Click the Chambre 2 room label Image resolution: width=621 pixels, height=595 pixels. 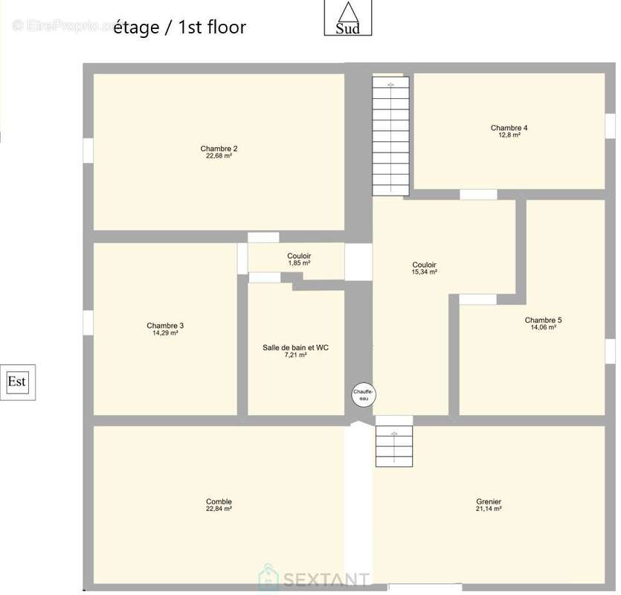219,149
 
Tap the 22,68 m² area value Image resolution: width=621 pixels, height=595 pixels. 219,156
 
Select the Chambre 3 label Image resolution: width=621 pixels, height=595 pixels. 165,326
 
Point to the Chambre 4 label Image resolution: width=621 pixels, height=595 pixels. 509,128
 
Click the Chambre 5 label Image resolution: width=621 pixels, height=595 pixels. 543,320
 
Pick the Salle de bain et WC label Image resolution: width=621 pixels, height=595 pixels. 295,348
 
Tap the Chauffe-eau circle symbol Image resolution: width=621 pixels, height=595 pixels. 364,395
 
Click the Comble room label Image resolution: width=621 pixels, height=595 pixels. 219,501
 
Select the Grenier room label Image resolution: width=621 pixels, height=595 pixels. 489,501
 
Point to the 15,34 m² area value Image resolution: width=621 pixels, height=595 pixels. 424,272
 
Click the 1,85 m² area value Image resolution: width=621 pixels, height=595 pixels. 299,263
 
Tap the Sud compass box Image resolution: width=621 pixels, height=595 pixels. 348,17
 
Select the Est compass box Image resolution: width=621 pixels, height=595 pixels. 17,382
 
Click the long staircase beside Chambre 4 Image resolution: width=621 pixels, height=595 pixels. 390,136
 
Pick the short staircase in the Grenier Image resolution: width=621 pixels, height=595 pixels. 394,446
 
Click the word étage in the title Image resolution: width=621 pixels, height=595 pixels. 136,28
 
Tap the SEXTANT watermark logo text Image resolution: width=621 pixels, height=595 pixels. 326,579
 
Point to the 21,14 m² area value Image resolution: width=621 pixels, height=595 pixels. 489,509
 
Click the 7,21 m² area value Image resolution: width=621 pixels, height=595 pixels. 295,356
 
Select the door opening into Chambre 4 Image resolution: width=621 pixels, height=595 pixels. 478,195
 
